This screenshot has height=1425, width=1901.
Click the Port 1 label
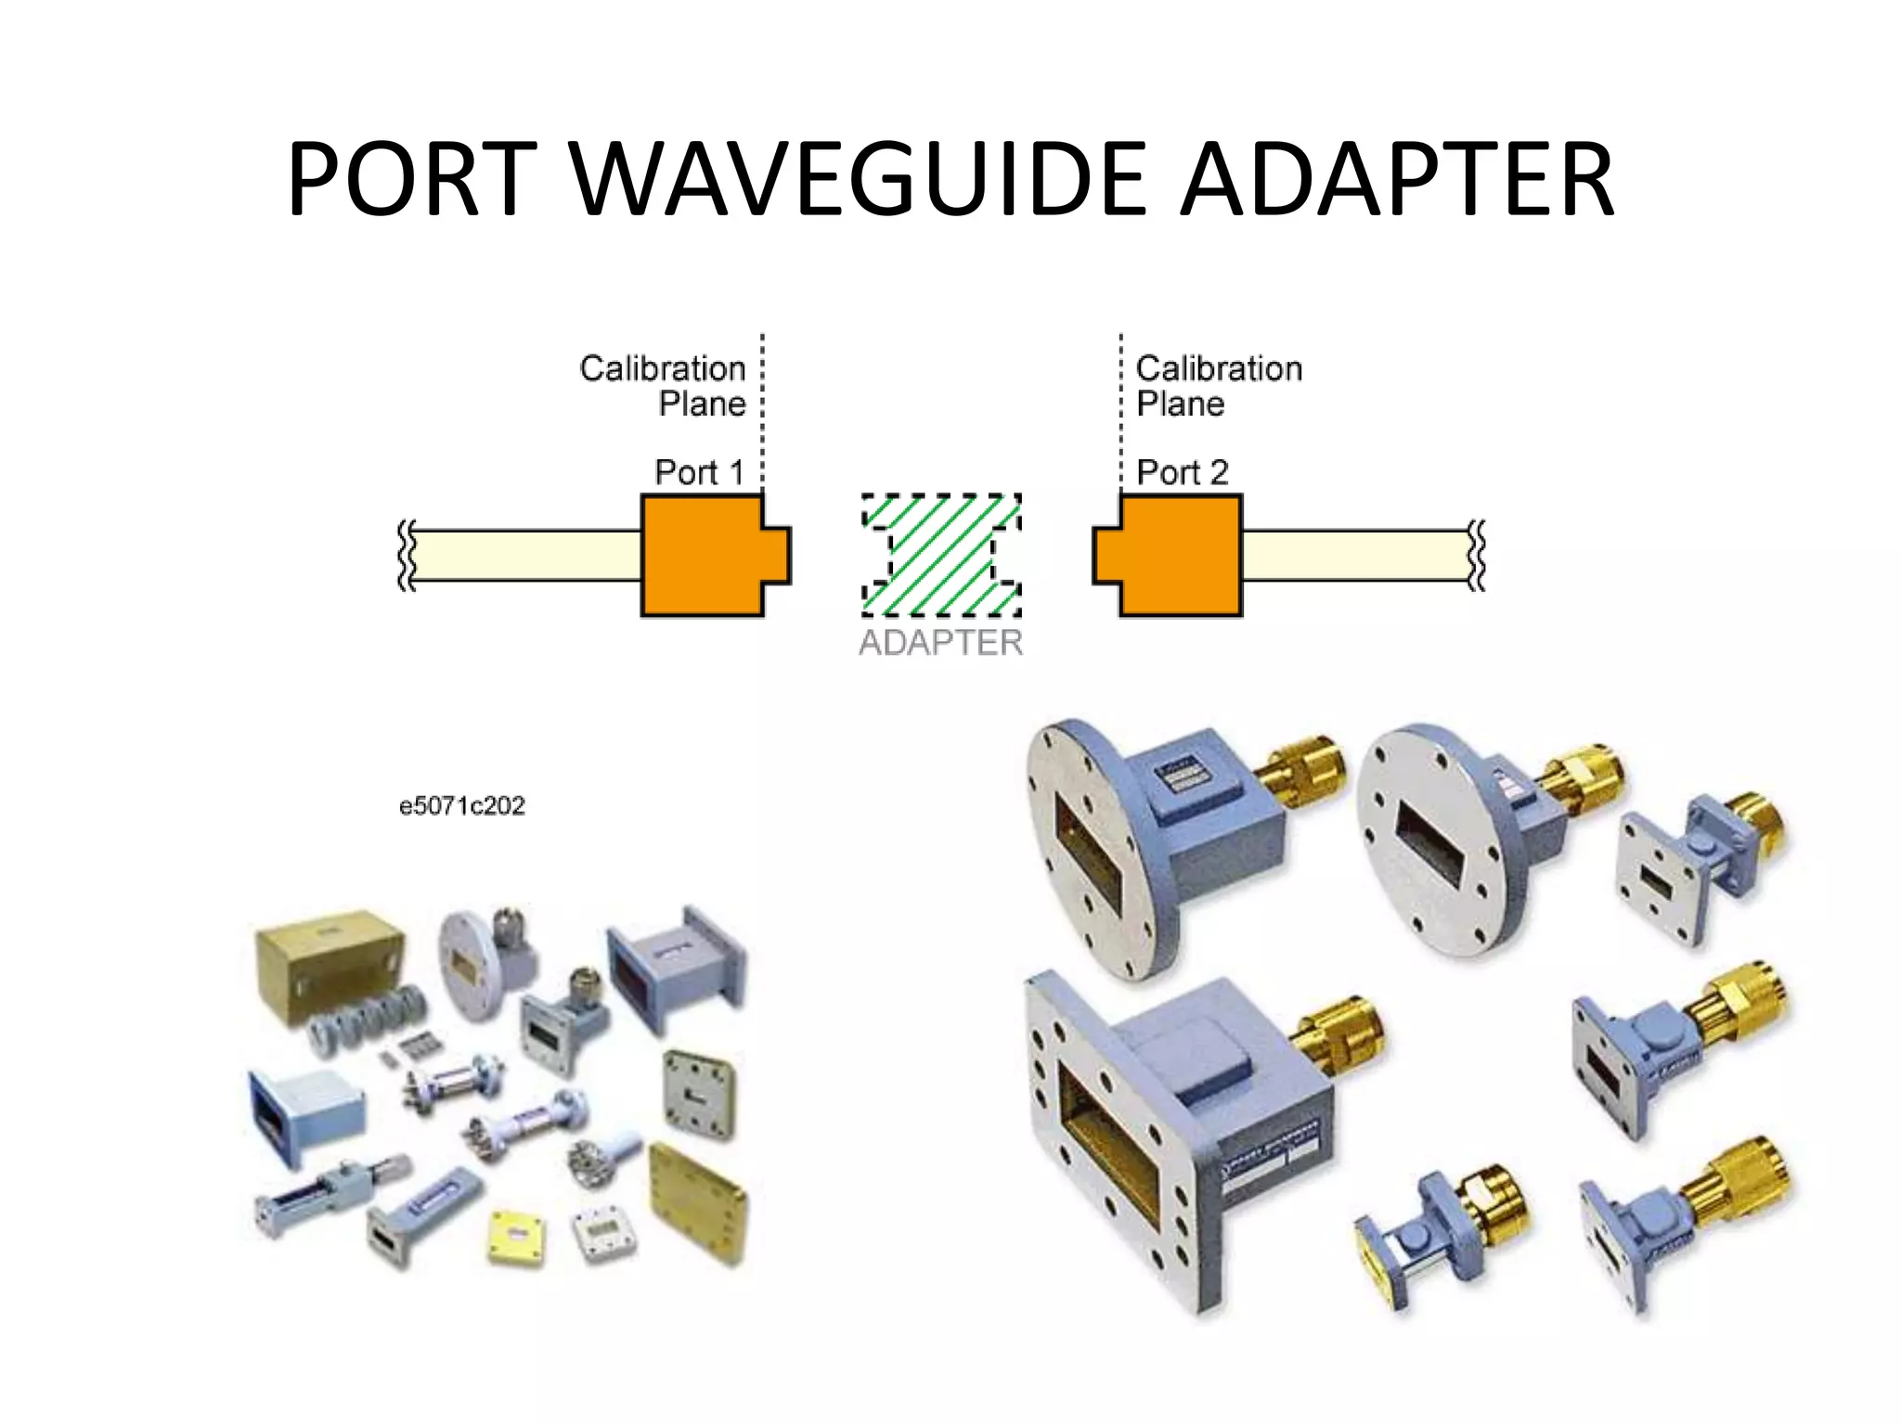pyautogui.click(x=699, y=472)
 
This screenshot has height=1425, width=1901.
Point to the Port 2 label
pyautogui.click(x=1182, y=472)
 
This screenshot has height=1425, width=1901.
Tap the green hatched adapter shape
pyautogui.click(x=941, y=555)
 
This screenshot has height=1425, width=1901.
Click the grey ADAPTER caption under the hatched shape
pyautogui.click(x=940, y=642)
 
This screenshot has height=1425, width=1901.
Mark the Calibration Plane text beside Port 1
pyautogui.click(x=663, y=386)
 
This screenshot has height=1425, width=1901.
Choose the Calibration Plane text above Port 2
pyautogui.click(x=1218, y=386)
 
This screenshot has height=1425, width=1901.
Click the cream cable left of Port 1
pyautogui.click(x=524, y=555)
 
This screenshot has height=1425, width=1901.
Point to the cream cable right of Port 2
pyautogui.click(x=1355, y=555)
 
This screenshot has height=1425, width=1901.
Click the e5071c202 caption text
pyautogui.click(x=461, y=805)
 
